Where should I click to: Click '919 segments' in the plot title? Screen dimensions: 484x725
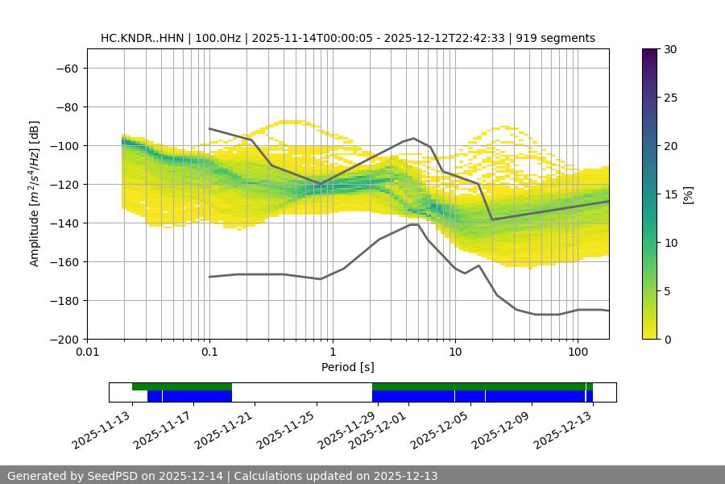click(x=556, y=38)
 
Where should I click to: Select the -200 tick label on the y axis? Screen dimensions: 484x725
click(x=64, y=339)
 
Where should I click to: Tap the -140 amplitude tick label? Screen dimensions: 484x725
click(x=64, y=223)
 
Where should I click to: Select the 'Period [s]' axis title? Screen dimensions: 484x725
click(x=347, y=367)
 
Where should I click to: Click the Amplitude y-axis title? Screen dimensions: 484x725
click(x=35, y=194)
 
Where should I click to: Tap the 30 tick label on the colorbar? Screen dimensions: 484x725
click(x=669, y=49)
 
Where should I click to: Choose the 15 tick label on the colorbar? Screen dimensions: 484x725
click(x=669, y=194)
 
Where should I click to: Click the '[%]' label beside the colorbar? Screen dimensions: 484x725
click(x=687, y=194)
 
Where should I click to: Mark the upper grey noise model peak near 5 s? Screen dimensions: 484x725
click(x=414, y=138)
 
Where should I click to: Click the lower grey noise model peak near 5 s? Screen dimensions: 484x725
click(x=414, y=224)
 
